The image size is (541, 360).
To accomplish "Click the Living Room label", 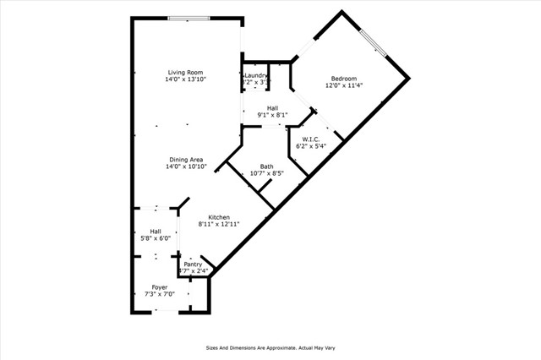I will (x=186, y=73).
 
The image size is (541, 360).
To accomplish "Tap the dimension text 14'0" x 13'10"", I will (x=186, y=79).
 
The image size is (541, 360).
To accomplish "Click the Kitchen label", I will (x=219, y=217).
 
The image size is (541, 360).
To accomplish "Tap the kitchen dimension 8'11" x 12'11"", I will (x=219, y=225).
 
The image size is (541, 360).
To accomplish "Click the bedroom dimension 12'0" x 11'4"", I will (x=343, y=85).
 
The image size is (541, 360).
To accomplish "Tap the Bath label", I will (x=266, y=166).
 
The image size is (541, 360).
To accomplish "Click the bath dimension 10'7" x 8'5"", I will (x=266, y=174).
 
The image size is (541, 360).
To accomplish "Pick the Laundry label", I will (x=256, y=76).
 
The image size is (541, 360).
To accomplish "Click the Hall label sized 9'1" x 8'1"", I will (x=272, y=108).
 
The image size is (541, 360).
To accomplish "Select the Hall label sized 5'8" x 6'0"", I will (x=156, y=232).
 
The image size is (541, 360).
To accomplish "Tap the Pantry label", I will (x=193, y=264).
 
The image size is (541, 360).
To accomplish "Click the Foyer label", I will (x=160, y=287).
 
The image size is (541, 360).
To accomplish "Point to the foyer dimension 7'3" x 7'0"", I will (x=160, y=295).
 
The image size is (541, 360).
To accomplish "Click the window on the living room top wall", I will (x=189, y=19).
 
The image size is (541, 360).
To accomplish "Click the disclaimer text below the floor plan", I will (x=270, y=347).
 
